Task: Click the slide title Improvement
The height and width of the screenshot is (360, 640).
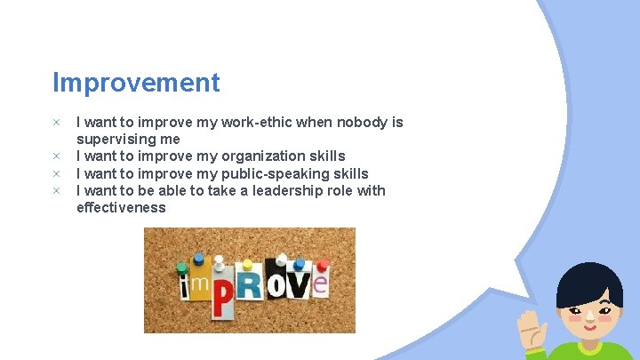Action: coord(136,83)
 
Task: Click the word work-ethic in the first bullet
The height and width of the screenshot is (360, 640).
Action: coord(259,123)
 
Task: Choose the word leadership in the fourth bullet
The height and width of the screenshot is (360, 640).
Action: coord(279,190)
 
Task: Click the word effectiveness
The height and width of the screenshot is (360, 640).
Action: coord(121,207)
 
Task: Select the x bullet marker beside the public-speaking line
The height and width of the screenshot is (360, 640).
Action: coord(55,173)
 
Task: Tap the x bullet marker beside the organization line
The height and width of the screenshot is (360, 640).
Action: coord(55,156)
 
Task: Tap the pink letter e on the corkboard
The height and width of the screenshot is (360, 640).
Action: coord(319,284)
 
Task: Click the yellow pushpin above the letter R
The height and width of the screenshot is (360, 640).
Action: coord(249,260)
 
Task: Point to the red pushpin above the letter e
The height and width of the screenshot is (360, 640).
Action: coord(321,263)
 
